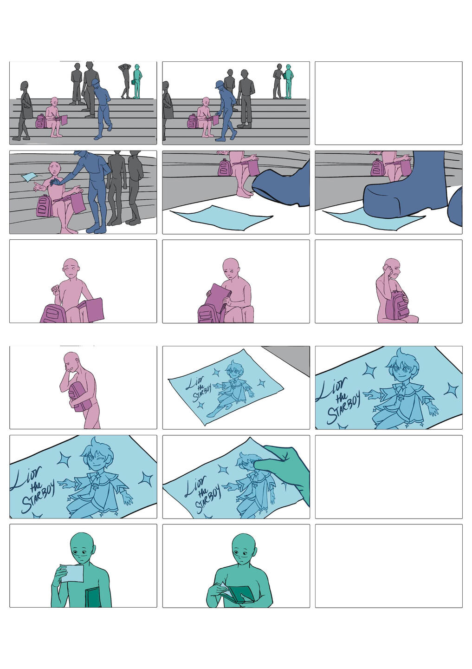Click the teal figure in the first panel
pos(136,81)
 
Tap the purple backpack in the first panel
pos(40,121)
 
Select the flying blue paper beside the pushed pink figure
pos(29,177)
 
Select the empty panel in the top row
pos(388,103)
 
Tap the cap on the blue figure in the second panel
pos(219,85)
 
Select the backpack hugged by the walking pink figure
pos(77,397)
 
